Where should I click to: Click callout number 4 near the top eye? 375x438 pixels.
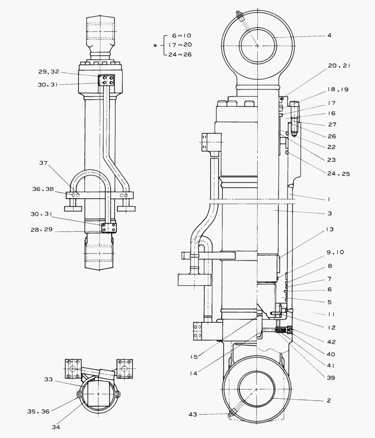point(329,36)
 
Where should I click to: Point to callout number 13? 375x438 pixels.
point(330,230)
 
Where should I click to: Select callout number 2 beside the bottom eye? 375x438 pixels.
point(329,400)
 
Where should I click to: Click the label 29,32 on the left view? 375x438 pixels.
point(49,71)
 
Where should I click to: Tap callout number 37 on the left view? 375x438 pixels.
point(44,163)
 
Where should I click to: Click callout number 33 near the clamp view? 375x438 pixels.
point(49,380)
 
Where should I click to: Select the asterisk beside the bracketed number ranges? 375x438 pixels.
point(155,45)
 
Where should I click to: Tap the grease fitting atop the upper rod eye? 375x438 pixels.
point(240,17)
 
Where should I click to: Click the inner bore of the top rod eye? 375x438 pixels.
point(257,46)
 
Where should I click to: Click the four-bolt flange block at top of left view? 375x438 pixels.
point(107,80)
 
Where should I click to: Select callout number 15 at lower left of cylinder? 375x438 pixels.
point(194,356)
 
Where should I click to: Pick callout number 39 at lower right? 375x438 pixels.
point(330,378)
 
